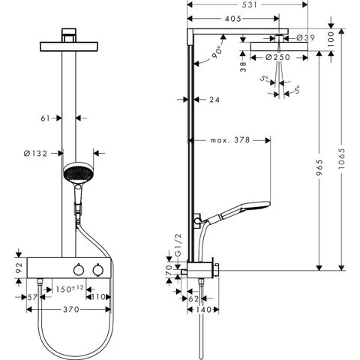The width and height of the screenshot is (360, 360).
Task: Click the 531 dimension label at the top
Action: tap(250, 4)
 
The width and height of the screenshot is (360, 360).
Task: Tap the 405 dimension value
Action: tap(233, 19)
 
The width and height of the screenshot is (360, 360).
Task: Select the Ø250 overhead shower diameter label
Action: tap(277, 57)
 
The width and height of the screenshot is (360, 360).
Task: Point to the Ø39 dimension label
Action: tap(305, 37)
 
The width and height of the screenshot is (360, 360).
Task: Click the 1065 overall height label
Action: tap(341, 158)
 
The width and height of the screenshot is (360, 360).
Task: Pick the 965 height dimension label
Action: tap(319, 167)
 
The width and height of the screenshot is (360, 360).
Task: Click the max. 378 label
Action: tap(230, 140)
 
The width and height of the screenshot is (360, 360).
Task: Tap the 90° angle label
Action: tap(217, 52)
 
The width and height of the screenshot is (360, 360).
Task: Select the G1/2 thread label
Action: tap(178, 245)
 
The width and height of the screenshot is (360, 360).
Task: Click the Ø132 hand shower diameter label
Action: tap(35, 153)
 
